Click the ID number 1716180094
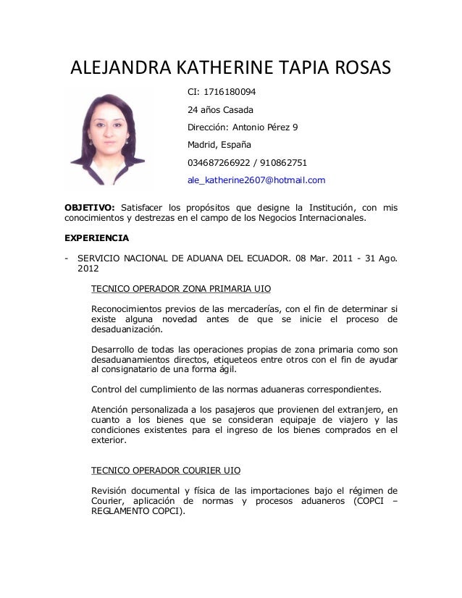pyautogui.click(x=230, y=93)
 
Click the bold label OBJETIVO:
pyautogui.click(x=90, y=209)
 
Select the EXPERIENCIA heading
pyautogui.click(x=97, y=237)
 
